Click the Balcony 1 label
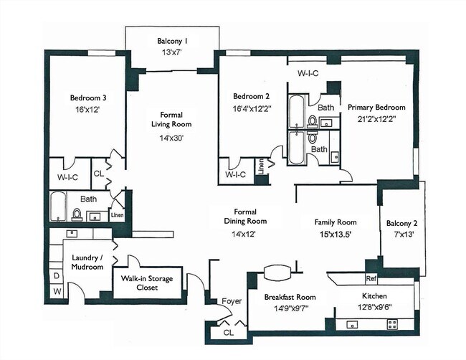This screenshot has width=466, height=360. coord(172,41)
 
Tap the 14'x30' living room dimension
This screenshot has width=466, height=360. coord(171,138)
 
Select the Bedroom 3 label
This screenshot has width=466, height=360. coord(88,98)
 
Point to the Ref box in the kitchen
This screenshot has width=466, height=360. coord(371,279)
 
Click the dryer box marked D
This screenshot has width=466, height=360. coord(57,276)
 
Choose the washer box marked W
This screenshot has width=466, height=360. coord(57,292)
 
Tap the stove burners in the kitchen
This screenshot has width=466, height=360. coord(392,324)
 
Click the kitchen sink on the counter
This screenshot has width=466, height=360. coord(352,324)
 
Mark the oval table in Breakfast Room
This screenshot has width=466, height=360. coord(277,273)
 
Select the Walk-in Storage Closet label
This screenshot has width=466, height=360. coord(147,283)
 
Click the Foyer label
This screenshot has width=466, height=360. coord(232,301)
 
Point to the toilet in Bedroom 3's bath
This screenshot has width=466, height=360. coord(77,214)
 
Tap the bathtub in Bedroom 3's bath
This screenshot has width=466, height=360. coord(57,207)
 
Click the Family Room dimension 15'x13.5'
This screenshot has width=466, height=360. coord(336,235)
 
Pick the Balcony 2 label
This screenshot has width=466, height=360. coord(401,223)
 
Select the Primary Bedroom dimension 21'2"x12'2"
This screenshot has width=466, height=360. coord(377,119)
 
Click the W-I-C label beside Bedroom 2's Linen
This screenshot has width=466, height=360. coord(236,174)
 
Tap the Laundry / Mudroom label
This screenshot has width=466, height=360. coord(87,262)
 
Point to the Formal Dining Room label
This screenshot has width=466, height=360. coord(245,217)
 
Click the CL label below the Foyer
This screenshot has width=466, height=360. coord(229,333)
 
